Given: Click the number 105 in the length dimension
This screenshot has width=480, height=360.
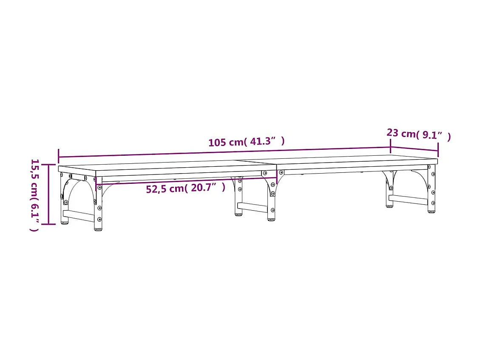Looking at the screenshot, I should point(217,143).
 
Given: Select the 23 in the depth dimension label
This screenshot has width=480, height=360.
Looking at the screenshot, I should point(392,133).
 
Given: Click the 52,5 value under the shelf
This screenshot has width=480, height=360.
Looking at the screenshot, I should point(156,189).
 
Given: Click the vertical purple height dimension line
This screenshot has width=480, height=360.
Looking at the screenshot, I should point(48,194).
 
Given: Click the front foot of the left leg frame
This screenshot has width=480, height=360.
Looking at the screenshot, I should point(98,229).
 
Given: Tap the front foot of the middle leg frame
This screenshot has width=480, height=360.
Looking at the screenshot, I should point(271,219).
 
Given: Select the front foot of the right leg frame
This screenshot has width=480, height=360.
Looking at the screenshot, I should point(431,211).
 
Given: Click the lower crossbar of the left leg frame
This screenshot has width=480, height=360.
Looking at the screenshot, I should point(79,216).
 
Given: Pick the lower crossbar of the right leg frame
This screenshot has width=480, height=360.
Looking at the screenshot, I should point(408,200).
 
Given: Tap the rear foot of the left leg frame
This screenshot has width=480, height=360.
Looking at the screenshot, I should point(65,222).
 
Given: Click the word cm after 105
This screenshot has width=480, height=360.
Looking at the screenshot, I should point(236,142).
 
